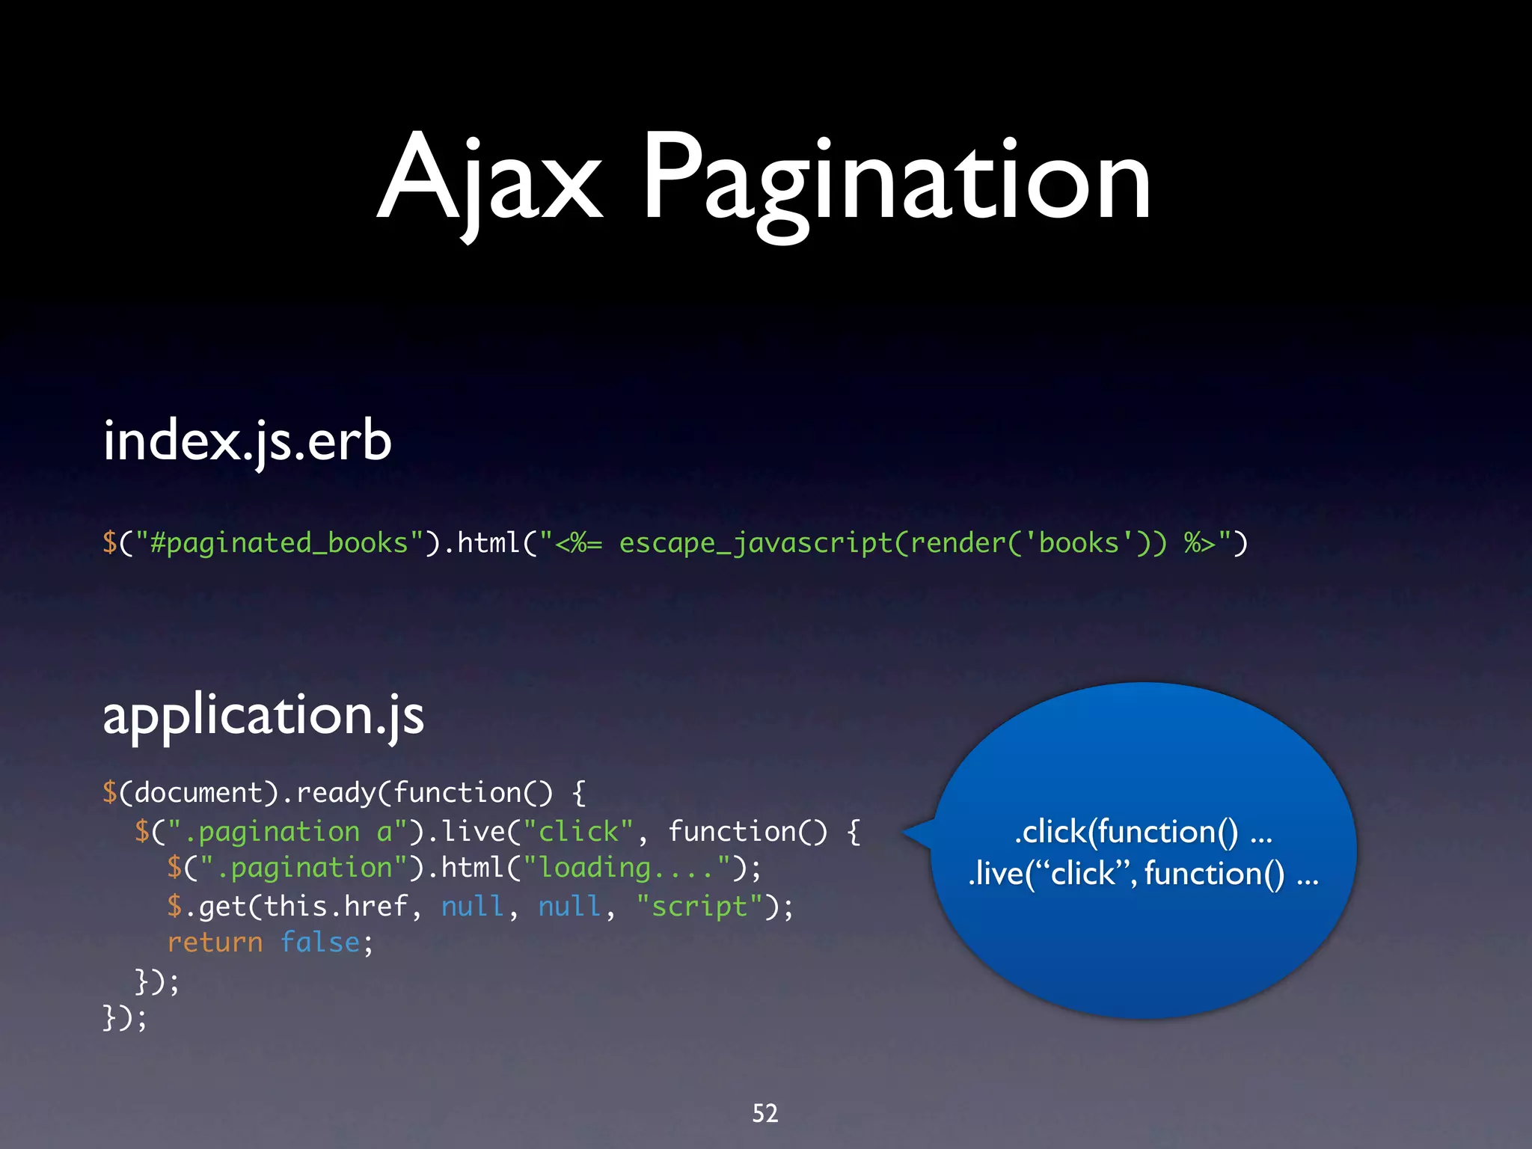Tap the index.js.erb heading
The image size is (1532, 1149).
247,441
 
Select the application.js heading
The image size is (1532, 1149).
263,715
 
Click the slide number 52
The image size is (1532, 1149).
765,1113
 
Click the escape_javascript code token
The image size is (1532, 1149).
756,542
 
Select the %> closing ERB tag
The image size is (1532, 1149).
1199,542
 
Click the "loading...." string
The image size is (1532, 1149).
626,868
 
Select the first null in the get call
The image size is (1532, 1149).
471,907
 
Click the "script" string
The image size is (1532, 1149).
699,907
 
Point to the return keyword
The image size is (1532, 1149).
215,943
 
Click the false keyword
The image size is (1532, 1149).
320,943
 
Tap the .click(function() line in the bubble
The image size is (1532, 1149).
1143,832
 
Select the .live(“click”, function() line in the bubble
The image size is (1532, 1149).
1143,874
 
